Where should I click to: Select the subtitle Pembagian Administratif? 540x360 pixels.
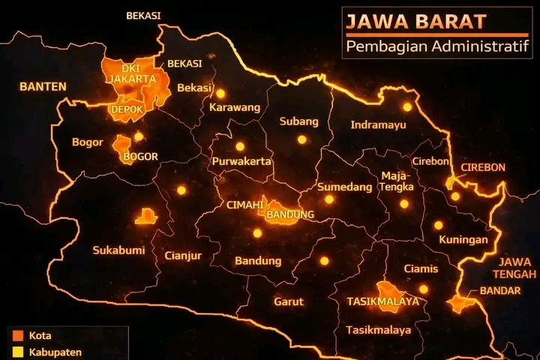point(437,49)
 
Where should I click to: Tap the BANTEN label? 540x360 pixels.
point(43,87)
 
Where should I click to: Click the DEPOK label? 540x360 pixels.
point(125,109)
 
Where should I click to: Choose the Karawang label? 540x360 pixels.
point(235,107)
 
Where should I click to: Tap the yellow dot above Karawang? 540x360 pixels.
point(220,93)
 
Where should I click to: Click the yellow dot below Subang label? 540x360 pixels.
point(301,139)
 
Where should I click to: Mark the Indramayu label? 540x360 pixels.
point(378,124)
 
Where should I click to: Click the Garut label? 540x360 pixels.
point(289,301)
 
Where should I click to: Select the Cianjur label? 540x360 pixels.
point(183,256)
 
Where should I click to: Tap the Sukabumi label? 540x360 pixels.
point(118,250)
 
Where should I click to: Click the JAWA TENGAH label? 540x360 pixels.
point(514,268)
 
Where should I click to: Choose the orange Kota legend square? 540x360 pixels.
point(16,335)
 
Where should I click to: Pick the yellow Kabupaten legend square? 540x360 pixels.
point(16,351)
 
